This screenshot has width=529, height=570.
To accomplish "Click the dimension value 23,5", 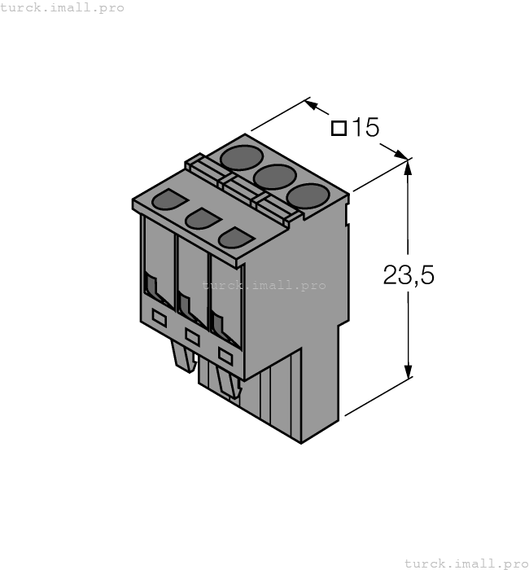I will tap(409, 276).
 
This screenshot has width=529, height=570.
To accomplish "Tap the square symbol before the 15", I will tap(339, 128).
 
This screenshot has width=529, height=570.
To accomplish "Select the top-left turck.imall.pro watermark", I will tap(63, 7).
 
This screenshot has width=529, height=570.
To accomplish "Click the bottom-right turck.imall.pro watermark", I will tap(466, 563).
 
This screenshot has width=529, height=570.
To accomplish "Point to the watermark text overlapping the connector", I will tap(264, 285).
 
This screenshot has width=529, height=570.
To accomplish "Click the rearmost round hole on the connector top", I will tap(242, 156).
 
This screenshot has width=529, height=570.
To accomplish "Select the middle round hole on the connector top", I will tap(274, 176).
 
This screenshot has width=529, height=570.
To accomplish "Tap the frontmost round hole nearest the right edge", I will tap(308, 196).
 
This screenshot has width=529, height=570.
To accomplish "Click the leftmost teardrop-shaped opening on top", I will tap(169, 199).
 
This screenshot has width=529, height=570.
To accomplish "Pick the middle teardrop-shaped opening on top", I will tap(203, 218).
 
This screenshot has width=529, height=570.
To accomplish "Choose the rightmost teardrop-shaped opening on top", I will tap(237, 237).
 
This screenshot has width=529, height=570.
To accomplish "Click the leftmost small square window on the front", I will tap(160, 319).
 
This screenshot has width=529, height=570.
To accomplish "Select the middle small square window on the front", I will tap(193, 335).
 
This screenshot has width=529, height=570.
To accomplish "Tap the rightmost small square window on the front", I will tap(225, 356).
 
